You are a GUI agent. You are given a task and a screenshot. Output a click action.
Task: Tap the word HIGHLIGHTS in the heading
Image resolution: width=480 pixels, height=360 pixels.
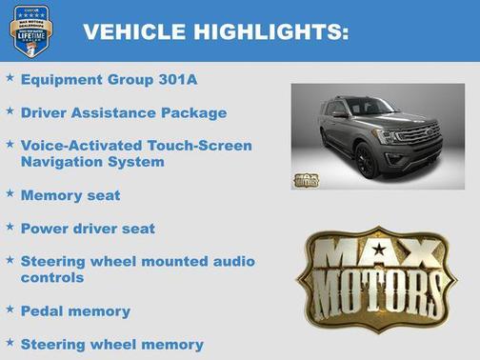(270, 32)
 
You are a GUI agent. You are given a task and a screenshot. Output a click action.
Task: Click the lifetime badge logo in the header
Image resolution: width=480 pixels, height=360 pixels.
(31, 31)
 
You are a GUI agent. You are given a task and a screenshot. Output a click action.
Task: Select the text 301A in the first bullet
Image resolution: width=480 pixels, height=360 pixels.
(185, 80)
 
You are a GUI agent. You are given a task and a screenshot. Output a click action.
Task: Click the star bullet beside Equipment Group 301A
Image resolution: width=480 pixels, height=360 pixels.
(10, 78)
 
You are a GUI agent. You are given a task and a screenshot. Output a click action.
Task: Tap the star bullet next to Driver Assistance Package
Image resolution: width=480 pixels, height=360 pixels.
(10, 110)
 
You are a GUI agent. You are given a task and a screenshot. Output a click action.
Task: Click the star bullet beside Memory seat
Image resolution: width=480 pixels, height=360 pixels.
(10, 193)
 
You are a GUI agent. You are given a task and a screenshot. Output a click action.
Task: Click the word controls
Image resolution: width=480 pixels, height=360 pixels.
(52, 278)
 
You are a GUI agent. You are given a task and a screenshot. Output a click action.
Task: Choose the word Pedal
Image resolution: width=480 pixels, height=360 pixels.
(42, 310)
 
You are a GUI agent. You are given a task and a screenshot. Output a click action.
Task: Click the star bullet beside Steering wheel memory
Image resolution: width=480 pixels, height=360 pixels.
(10, 342)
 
